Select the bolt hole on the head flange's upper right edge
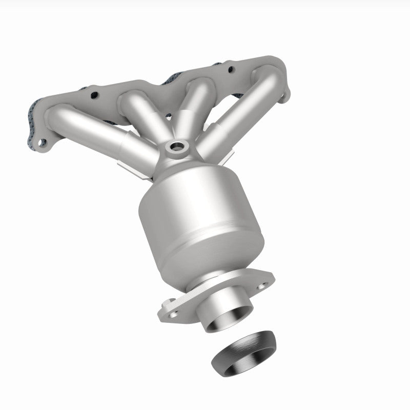pyautogui.click(x=229, y=69)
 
